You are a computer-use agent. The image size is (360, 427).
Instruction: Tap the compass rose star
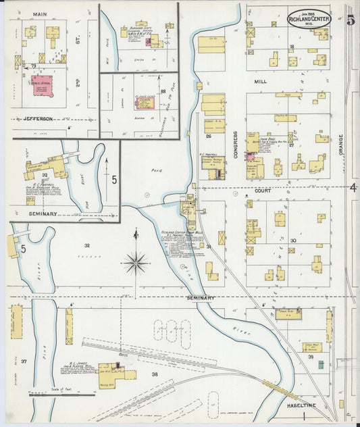point(136,261)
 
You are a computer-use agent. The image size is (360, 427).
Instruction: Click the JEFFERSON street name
point(38,118)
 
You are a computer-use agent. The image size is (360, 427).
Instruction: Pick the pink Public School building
point(45,86)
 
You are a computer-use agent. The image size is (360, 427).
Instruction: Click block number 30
point(293,241)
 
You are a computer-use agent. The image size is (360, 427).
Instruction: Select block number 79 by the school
point(32,66)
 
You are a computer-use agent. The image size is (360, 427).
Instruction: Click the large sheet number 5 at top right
point(350,19)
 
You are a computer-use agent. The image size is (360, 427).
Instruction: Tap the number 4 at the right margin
point(352,187)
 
